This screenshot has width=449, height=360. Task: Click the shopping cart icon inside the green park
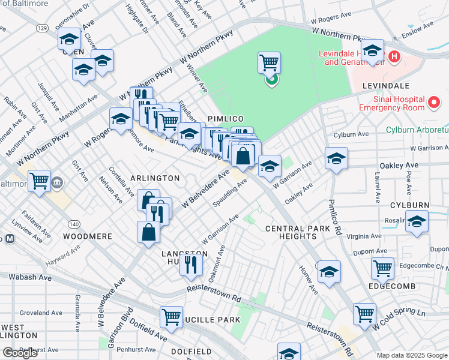click(270, 62)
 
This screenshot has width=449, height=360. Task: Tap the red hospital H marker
click(394, 57)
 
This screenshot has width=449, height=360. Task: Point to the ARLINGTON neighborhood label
click(155, 178)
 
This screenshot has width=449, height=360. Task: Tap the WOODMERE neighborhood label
click(88, 236)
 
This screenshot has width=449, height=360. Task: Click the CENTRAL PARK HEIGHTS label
click(298, 233)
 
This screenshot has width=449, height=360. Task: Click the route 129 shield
click(41, 28)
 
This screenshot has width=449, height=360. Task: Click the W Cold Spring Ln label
click(399, 320)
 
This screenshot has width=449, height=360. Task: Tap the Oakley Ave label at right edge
click(399, 165)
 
